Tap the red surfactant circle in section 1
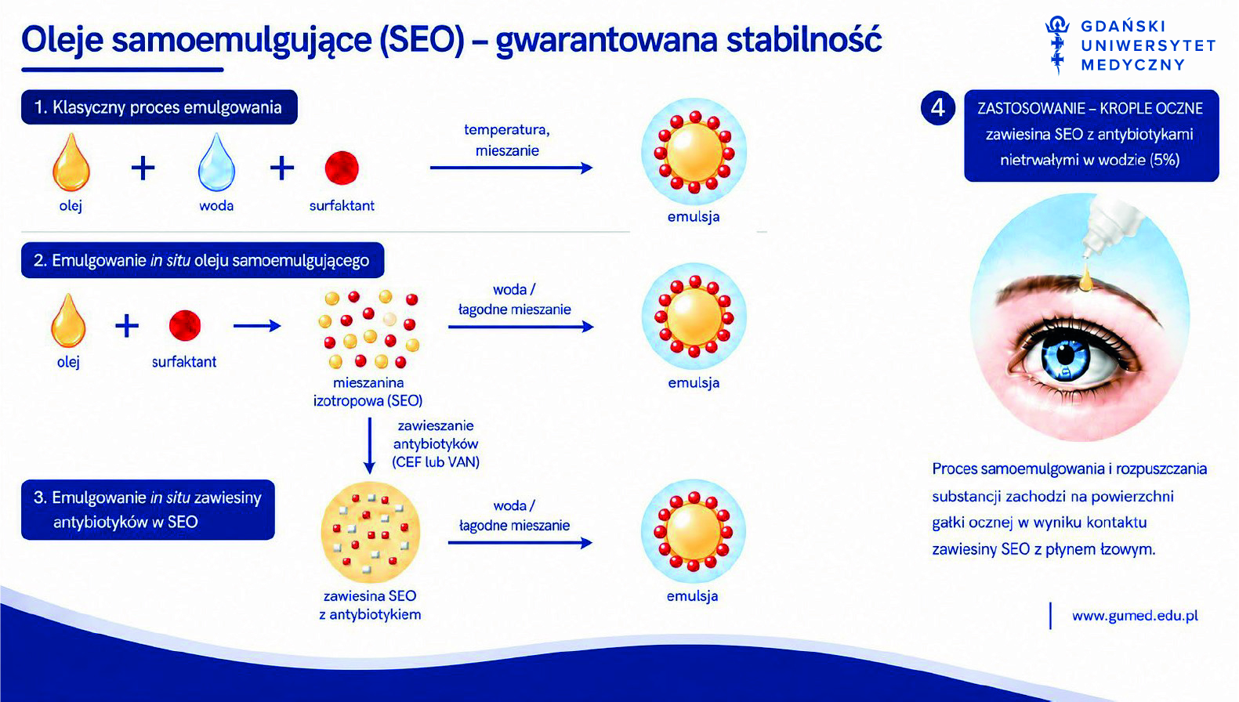coord(342,168)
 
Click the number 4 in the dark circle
coord(938,107)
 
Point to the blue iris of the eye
coord(1065,359)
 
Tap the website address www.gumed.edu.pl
coord(1135,616)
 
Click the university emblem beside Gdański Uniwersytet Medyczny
coord(1057,44)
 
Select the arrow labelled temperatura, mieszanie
coord(511,168)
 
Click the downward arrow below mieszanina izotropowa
coord(369,445)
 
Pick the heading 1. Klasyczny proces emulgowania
coord(159,107)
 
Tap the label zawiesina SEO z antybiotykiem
coord(370,605)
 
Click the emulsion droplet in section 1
coord(694,151)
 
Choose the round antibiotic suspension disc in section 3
coord(370,532)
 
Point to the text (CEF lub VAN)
coord(436,462)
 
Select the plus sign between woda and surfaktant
coord(282,168)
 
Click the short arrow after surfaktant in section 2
coord(257,326)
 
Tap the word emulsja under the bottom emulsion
coord(692,595)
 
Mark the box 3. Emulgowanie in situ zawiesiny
coord(147,509)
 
